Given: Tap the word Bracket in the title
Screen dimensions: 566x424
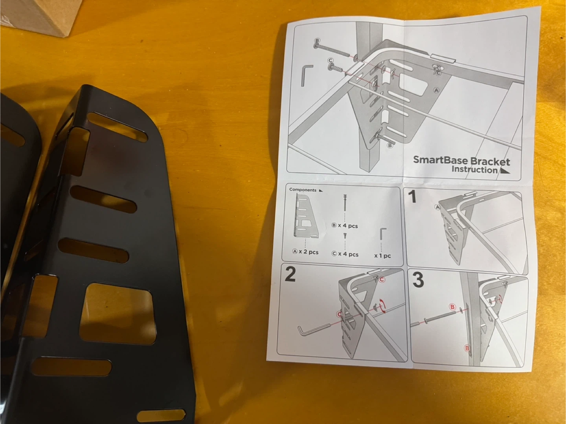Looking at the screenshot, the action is [490, 162].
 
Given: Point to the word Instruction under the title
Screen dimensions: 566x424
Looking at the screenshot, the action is [474, 170].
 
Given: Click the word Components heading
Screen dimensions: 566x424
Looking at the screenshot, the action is [303, 190].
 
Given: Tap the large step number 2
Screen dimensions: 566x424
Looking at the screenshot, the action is [290, 274].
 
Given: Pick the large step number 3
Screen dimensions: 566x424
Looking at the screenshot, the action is [418, 280].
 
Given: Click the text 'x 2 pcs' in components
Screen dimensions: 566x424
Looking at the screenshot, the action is [309, 252].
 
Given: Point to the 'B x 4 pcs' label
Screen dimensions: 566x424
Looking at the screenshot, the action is [344, 226].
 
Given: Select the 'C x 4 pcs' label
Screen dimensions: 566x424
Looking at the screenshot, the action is [345, 254].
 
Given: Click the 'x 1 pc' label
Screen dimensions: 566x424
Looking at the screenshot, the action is [382, 256].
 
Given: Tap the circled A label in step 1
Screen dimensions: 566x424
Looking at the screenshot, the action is [437, 207].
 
